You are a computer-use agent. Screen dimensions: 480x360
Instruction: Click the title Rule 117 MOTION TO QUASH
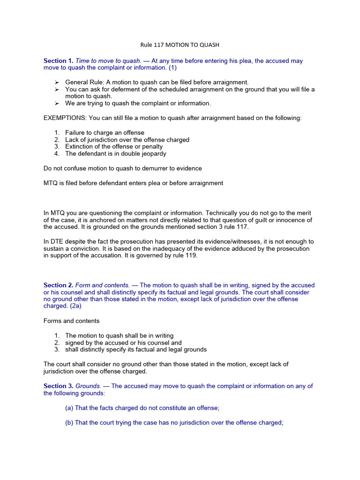(180, 45)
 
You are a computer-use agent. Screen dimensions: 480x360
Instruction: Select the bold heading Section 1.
(59, 61)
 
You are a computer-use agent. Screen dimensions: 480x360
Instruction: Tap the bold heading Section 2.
(59, 285)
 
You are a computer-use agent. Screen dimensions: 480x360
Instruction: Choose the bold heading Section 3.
(59, 386)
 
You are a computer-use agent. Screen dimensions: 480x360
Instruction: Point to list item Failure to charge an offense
(105, 133)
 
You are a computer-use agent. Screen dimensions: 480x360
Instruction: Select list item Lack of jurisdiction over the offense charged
(127, 140)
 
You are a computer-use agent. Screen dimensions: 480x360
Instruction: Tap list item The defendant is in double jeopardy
(115, 153)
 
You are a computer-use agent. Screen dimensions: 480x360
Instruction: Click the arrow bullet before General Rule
(57, 82)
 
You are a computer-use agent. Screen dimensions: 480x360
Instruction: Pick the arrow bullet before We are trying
(57, 103)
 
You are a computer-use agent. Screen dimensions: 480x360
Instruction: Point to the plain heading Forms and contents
(71, 321)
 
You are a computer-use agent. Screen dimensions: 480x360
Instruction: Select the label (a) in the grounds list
(69, 408)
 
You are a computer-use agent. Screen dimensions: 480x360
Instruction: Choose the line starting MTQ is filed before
(133, 183)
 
